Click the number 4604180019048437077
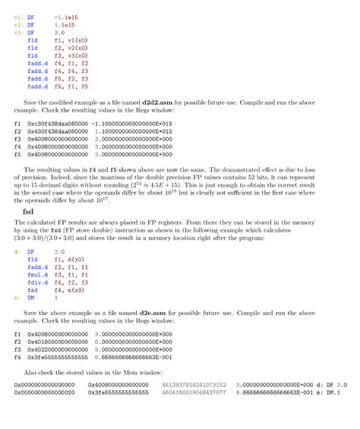(x=194, y=393)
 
